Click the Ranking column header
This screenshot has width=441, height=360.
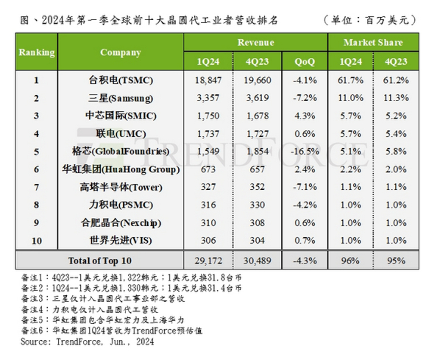[x=37, y=53]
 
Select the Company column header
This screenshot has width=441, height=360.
[x=121, y=53]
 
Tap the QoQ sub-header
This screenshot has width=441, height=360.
[x=304, y=62]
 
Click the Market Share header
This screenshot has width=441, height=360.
[x=373, y=43]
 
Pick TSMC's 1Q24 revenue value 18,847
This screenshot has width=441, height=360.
[x=208, y=80]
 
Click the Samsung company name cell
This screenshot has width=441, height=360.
[x=121, y=98]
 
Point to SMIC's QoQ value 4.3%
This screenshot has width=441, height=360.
[x=305, y=116]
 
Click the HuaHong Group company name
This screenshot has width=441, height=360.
[x=121, y=169]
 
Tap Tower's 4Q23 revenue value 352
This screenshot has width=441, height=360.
[x=257, y=187]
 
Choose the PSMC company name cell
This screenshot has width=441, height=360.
[x=121, y=205]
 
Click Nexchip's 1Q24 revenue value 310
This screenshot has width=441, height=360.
[x=208, y=223]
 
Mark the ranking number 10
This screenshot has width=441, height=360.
[x=37, y=241]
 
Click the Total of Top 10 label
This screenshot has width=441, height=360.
[x=100, y=260]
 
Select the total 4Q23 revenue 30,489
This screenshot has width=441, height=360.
[x=257, y=260]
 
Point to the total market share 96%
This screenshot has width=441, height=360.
[x=351, y=260]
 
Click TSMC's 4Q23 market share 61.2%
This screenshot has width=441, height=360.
[x=396, y=80]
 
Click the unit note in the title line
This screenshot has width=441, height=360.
[x=370, y=20]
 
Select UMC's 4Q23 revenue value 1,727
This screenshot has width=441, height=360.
[x=257, y=134]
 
